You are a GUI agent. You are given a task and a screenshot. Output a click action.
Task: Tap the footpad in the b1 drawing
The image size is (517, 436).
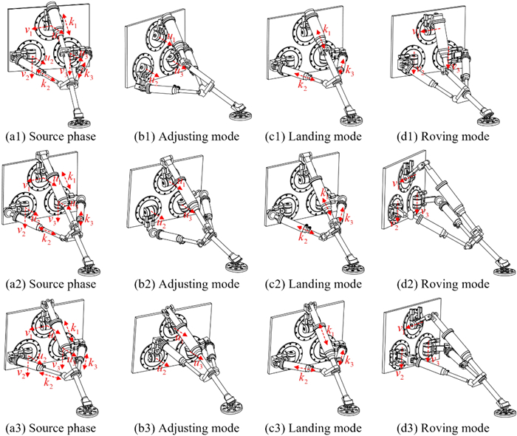(x=236, y=112)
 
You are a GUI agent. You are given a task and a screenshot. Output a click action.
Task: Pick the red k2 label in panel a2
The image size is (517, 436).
(x=47, y=239)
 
